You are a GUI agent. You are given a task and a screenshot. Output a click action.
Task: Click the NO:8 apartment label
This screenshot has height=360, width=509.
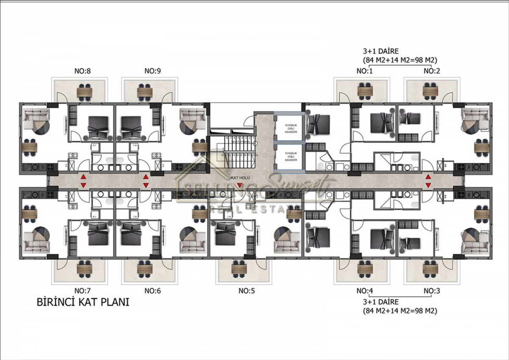pyautogui.click(x=82, y=71)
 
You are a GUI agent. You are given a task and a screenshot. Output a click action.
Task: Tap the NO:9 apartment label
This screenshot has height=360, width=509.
pyautogui.click(x=152, y=71)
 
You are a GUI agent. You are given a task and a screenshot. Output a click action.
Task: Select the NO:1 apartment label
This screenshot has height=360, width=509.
pyautogui.click(x=364, y=71)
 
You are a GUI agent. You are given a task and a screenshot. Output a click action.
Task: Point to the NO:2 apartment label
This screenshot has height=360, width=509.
pyautogui.click(x=432, y=71)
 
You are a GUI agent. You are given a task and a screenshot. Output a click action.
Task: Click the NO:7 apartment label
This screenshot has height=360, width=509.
pyautogui.click(x=82, y=291)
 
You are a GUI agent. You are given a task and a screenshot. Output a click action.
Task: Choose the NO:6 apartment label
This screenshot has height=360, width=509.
pyautogui.click(x=152, y=291)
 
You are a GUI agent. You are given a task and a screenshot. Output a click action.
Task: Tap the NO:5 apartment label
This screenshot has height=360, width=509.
pyautogui.click(x=246, y=291)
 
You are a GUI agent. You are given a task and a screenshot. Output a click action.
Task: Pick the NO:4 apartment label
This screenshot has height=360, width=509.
pyautogui.click(x=364, y=291)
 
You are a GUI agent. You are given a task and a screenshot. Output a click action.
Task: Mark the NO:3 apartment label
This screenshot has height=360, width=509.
pyautogui.click(x=432, y=291)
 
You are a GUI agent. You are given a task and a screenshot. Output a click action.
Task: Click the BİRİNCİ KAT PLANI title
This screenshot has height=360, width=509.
pyautogui.click(x=82, y=303)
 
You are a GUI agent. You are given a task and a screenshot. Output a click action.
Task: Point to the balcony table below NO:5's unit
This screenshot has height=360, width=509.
pyautogui.click(x=239, y=269)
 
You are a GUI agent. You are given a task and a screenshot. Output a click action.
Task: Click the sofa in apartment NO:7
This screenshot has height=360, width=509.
pyautogui.click(x=33, y=245)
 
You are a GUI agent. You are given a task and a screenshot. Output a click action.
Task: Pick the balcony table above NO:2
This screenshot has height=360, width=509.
pyautogui.click(x=431, y=91)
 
